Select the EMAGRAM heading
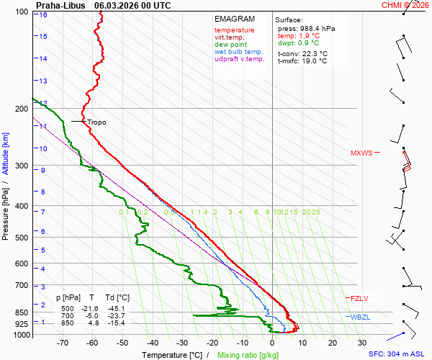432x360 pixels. click(x=235, y=19)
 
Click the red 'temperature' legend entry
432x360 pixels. click(x=234, y=30)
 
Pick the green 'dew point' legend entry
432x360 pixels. click(x=231, y=45)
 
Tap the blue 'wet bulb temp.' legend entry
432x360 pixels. click(x=239, y=52)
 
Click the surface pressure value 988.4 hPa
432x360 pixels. click(x=316, y=28)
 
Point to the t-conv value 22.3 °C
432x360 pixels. click(x=313, y=53)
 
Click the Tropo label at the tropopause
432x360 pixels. click(x=96, y=122)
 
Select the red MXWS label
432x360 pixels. click(x=362, y=153)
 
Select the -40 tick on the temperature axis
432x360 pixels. click(x=151, y=343)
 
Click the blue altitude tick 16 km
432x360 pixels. click(x=44, y=14)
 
